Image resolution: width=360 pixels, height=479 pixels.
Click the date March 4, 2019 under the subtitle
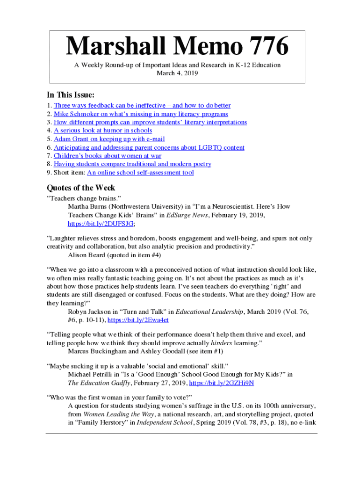178,73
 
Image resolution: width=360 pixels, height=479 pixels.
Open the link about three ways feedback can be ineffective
142,106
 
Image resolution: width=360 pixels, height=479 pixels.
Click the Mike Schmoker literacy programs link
141,114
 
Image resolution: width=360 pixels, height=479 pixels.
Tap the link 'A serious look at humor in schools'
103,131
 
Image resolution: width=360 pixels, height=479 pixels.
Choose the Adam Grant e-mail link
109,139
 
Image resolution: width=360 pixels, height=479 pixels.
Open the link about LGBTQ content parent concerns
149,147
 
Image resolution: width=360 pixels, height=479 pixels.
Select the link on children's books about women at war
108,156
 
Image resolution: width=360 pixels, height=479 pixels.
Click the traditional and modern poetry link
132,164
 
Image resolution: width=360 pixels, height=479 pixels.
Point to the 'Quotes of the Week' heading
81,188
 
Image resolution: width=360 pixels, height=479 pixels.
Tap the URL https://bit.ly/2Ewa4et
138,320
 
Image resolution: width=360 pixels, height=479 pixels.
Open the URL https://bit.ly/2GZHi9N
222,383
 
